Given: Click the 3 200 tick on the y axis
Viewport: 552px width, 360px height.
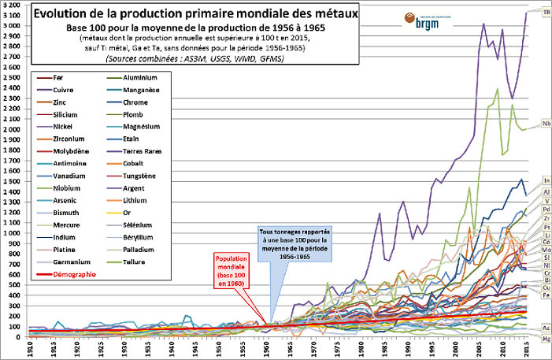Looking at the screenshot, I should [x=13, y=5].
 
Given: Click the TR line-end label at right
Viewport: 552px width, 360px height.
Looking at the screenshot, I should [x=546, y=10].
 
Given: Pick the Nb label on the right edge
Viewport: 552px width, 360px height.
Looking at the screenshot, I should [x=546, y=124].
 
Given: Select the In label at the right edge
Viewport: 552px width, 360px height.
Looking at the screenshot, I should [x=546, y=181].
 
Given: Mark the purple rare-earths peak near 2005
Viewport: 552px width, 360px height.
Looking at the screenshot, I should [x=483, y=24].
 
